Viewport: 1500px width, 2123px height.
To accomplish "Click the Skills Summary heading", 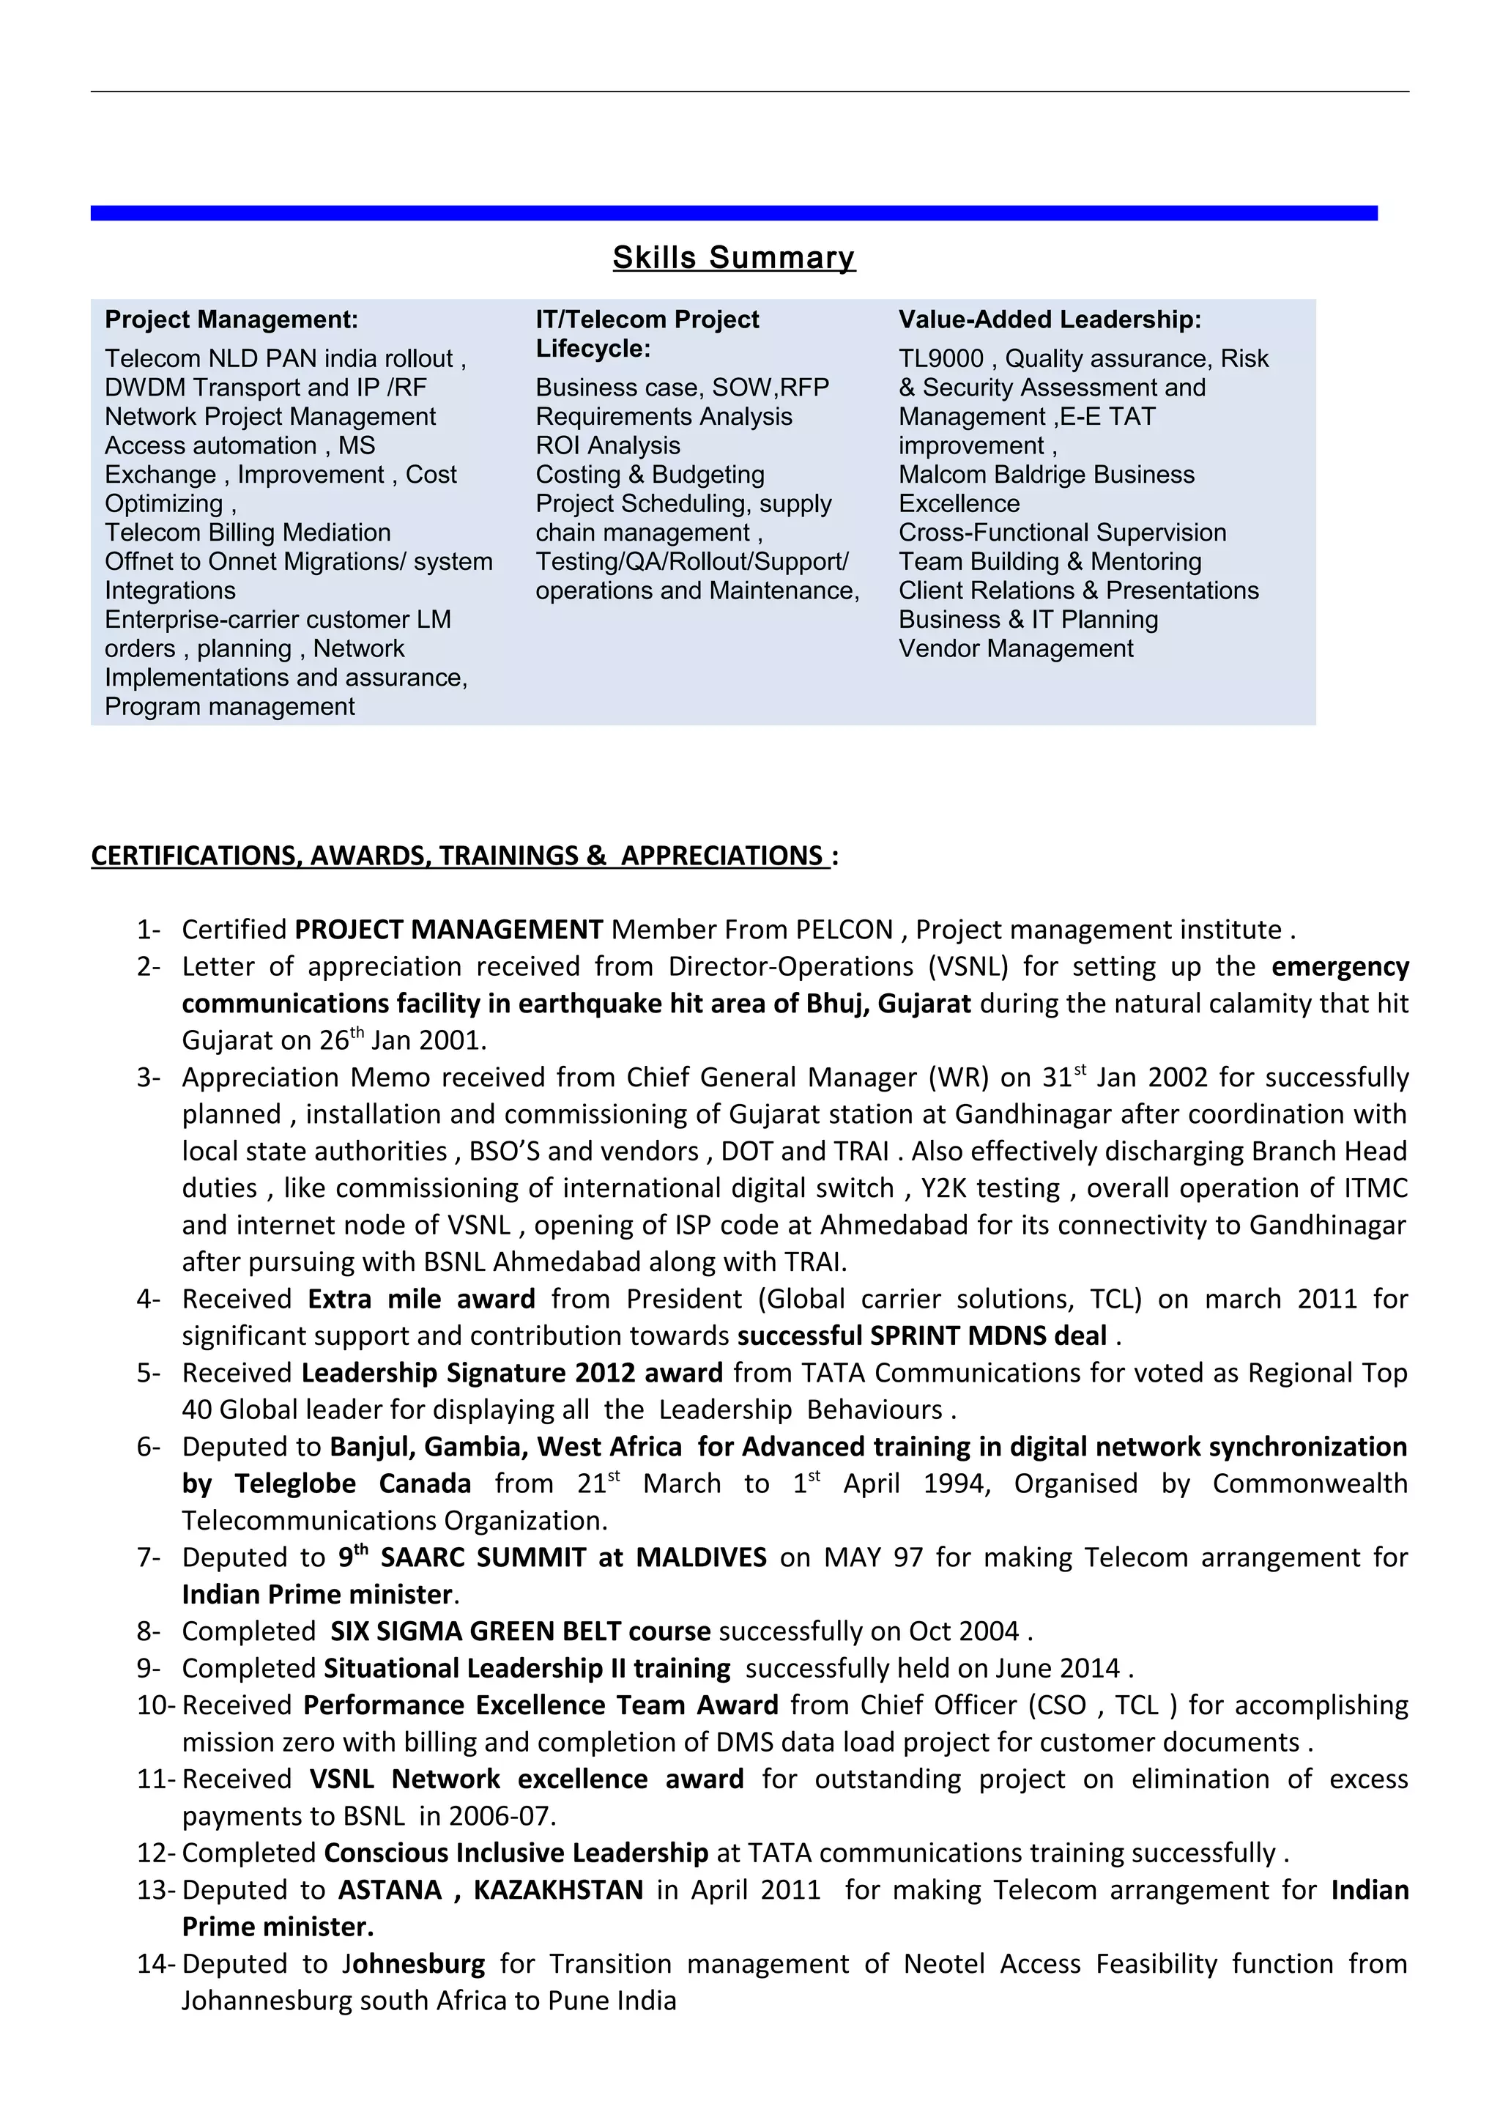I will (734, 257).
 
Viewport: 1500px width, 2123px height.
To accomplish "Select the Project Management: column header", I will (231, 320).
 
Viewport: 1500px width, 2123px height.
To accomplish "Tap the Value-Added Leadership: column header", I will (1050, 320).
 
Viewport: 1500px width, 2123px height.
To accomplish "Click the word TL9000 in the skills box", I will (941, 359).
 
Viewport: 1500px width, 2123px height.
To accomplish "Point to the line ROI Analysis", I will (607, 445).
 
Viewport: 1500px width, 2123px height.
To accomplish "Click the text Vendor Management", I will (1016, 649).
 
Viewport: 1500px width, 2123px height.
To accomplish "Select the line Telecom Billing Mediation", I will (248, 533).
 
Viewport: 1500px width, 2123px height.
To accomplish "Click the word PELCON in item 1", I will (844, 930).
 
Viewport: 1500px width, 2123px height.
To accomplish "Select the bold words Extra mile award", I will (421, 1299).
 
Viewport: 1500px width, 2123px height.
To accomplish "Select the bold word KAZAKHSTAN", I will (558, 1890).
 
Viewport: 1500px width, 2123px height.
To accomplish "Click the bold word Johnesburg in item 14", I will (414, 1964).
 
